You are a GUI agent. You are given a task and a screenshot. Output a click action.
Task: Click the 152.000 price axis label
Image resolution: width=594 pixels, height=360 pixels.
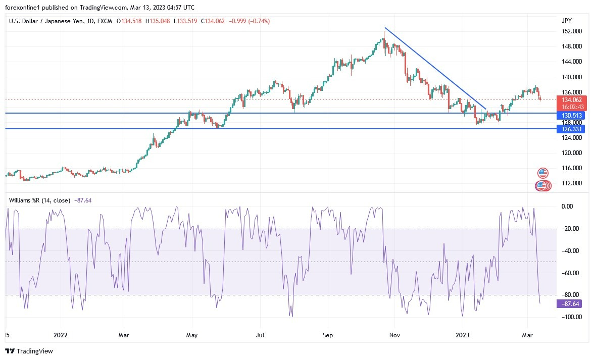pos(571,31)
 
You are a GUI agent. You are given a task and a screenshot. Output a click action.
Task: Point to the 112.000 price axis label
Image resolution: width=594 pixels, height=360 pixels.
pos(571,183)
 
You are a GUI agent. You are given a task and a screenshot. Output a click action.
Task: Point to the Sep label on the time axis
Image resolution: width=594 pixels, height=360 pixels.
pos(327,334)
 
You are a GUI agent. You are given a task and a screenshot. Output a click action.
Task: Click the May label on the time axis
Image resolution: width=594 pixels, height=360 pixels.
pos(191,334)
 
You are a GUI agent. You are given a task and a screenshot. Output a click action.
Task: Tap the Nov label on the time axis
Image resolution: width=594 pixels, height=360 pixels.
pos(395,334)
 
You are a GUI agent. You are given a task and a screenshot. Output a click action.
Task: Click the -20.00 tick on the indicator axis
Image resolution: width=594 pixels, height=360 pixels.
pos(569,229)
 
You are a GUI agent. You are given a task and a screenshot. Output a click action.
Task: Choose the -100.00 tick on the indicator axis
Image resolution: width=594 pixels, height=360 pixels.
pos(569,317)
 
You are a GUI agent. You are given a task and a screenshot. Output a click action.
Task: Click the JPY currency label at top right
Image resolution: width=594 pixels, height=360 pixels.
pos(566,21)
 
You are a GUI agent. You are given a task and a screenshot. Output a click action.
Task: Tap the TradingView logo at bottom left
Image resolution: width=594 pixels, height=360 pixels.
pos(29,351)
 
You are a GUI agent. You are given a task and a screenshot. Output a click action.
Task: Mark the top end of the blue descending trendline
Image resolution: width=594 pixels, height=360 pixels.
pos(385,28)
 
